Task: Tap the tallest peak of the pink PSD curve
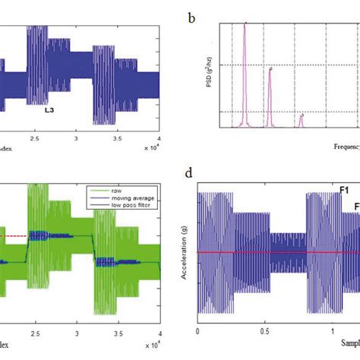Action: click(x=245, y=24)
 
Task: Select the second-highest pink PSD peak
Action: click(x=269, y=69)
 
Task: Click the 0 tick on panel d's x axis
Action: click(x=197, y=332)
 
